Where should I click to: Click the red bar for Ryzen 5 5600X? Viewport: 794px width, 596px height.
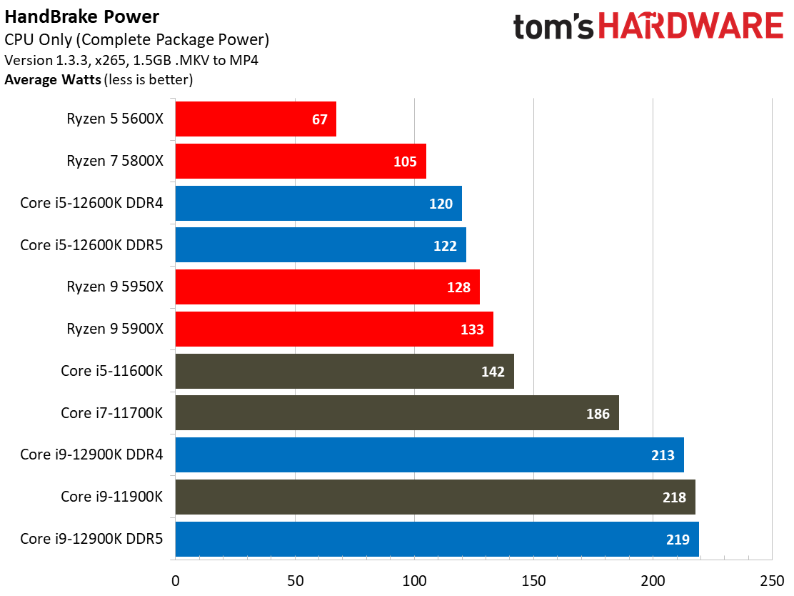pyautogui.click(x=256, y=119)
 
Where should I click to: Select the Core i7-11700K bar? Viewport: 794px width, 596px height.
pyautogui.click(x=397, y=413)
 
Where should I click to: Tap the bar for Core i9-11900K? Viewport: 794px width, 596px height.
pyautogui.click(x=436, y=497)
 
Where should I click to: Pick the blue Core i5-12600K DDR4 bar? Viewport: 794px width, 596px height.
pyautogui.click(x=318, y=203)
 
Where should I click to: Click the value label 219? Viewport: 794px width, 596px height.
pyautogui.click(x=678, y=540)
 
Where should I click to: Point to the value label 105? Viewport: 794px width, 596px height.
pyautogui.click(x=405, y=162)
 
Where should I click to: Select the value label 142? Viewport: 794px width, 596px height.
pyautogui.click(x=493, y=372)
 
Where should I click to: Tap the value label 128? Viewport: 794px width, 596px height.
pyautogui.click(x=459, y=287)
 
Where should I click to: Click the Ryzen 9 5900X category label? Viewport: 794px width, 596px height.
pyautogui.click(x=115, y=329)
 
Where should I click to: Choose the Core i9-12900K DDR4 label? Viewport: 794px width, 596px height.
pyautogui.click(x=91, y=455)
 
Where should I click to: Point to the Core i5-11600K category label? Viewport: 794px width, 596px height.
pyautogui.click(x=112, y=371)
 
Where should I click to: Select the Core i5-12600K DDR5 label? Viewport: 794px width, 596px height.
pyautogui.click(x=91, y=245)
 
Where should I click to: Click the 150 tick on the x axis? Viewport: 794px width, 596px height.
pyautogui.click(x=533, y=581)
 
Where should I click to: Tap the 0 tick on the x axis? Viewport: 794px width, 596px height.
pyautogui.click(x=176, y=581)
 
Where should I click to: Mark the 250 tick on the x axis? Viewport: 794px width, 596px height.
pyautogui.click(x=773, y=581)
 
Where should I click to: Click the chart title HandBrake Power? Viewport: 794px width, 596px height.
pyautogui.click(x=82, y=16)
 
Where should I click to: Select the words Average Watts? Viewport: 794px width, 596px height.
pyautogui.click(x=53, y=79)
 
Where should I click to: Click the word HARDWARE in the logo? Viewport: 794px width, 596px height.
pyautogui.click(x=691, y=26)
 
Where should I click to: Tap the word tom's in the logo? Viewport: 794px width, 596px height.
pyautogui.click(x=553, y=26)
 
